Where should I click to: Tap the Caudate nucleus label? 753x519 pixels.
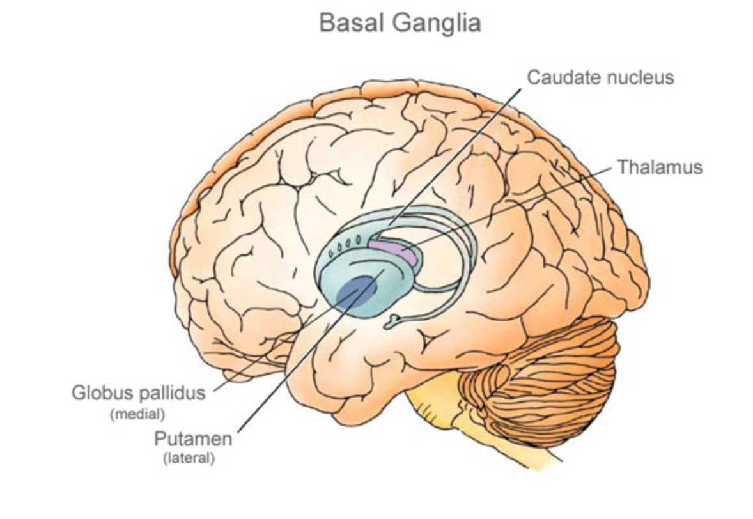pos(600,77)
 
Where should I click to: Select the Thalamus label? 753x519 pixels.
pos(659,167)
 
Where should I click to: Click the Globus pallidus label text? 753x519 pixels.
pos(138,392)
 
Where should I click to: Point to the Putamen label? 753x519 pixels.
pos(193,440)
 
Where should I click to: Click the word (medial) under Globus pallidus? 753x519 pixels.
pos(137,413)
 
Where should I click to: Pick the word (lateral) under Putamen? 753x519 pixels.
pos(189,458)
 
